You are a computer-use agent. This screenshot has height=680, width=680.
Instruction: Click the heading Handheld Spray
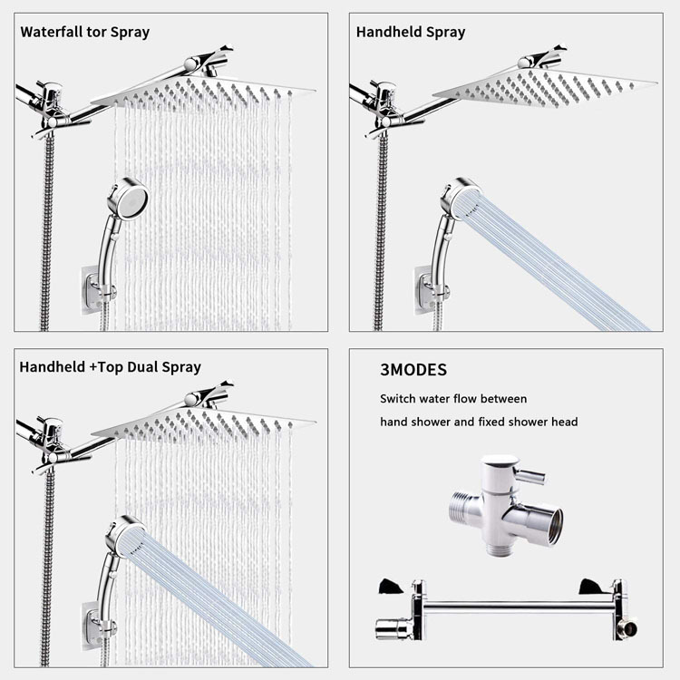click(410, 32)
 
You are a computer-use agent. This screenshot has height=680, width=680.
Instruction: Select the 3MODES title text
click(413, 371)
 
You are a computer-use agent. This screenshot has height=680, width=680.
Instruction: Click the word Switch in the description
click(400, 399)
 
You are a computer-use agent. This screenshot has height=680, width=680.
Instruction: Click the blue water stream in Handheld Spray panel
click(562, 263)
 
